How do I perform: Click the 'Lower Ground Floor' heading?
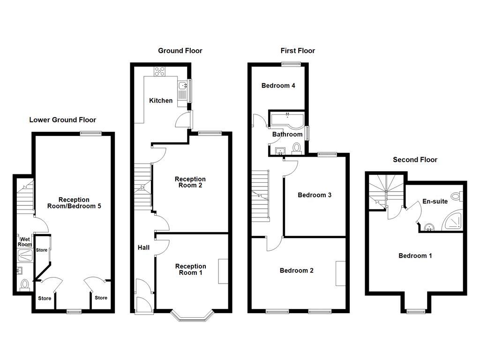62,120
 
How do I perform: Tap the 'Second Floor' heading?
415,160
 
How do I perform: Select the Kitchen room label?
161,101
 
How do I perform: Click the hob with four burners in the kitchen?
160,71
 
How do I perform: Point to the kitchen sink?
182,86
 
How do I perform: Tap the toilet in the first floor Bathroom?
296,148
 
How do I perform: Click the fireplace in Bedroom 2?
340,273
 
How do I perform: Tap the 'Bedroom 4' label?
278,86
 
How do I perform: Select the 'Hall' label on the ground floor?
143,247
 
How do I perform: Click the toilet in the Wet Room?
24,285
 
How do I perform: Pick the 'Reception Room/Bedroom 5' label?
74,203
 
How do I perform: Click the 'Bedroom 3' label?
315,195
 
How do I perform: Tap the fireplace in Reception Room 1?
223,271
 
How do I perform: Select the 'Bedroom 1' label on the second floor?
415,255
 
